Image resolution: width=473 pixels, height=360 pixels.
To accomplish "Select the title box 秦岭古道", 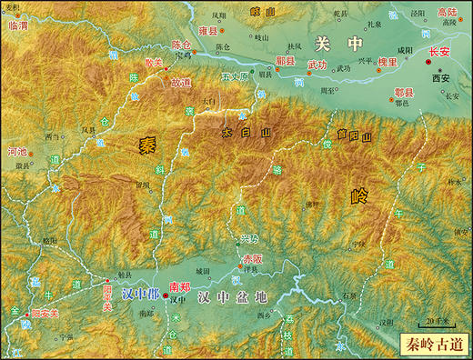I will click(x=433, y=344).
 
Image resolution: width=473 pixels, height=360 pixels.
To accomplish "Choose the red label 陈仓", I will click(x=182, y=44).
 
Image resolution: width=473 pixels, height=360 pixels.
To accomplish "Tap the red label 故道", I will click(x=180, y=82).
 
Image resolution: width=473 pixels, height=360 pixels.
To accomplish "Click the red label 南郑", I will click(x=179, y=286).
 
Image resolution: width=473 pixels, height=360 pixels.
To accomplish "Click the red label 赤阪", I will click(x=252, y=259).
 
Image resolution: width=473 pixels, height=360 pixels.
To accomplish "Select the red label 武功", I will click(x=316, y=65).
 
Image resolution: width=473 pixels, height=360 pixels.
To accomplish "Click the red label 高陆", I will click(x=447, y=13).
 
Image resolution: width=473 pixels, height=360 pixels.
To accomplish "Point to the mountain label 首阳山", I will click(x=353, y=137).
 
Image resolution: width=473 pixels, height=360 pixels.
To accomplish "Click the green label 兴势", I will click(x=249, y=238).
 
